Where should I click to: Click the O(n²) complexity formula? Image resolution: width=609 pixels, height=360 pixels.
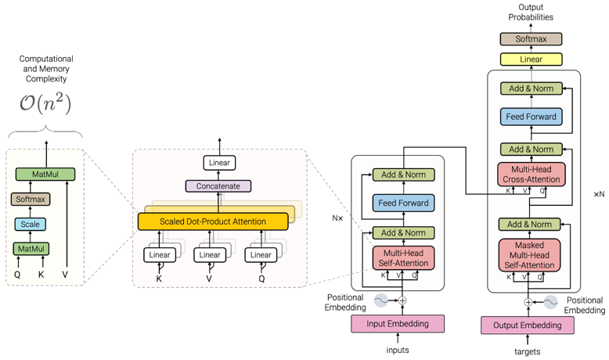pyautogui.click(x=45, y=102)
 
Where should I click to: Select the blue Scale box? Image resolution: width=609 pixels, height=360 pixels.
pyautogui.click(x=30, y=224)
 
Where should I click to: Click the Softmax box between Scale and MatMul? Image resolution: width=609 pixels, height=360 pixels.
pyautogui.click(x=30, y=200)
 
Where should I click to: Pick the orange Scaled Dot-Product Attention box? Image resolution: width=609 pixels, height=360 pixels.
pyautogui.click(x=213, y=221)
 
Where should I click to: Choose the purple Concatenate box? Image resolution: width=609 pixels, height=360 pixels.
pyautogui.click(x=218, y=186)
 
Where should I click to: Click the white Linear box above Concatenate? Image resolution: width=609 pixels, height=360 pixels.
pyautogui.click(x=218, y=163)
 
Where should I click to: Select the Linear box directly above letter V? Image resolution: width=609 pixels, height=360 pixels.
pyautogui.click(x=210, y=254)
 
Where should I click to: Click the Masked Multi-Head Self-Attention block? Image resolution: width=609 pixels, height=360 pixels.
pyautogui.click(x=531, y=255)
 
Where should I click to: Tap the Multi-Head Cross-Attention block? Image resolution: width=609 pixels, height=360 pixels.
pyautogui.click(x=531, y=175)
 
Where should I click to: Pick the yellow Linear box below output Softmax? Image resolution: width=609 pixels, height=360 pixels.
pyautogui.click(x=532, y=59)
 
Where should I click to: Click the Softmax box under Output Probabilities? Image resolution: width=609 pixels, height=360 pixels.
pyautogui.click(x=532, y=38)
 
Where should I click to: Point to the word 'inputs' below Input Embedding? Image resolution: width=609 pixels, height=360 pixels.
pyautogui.click(x=398, y=350)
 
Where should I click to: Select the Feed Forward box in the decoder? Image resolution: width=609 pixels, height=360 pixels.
pyautogui.click(x=532, y=117)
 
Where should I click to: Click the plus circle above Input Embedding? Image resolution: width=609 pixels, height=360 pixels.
pyautogui.click(x=402, y=300)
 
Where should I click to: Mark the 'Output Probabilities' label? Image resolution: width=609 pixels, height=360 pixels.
pyautogui.click(x=531, y=12)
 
